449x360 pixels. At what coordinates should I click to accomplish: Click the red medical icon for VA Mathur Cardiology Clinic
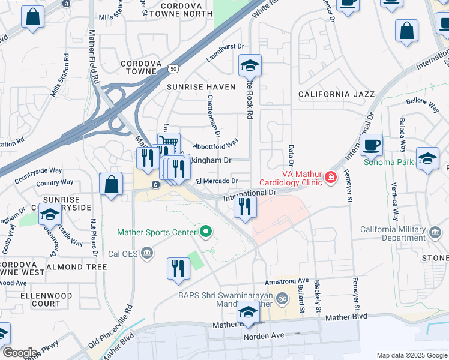(x=330, y=178)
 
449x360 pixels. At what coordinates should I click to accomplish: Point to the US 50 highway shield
(x=173, y=69)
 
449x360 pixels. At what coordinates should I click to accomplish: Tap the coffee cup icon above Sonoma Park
(x=372, y=145)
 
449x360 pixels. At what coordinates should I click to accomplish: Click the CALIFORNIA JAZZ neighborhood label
(x=336, y=94)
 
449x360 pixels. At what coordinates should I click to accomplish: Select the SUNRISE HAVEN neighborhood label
(x=201, y=87)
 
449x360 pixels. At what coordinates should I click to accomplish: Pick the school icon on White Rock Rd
(x=250, y=65)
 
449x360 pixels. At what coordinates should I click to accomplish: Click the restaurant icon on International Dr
(x=244, y=206)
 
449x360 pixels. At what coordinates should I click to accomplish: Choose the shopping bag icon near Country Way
(x=112, y=184)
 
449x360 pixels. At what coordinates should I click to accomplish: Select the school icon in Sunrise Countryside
(x=50, y=214)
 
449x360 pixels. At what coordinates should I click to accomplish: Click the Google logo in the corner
(x=20, y=353)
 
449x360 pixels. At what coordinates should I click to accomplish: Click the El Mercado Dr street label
(x=217, y=181)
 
